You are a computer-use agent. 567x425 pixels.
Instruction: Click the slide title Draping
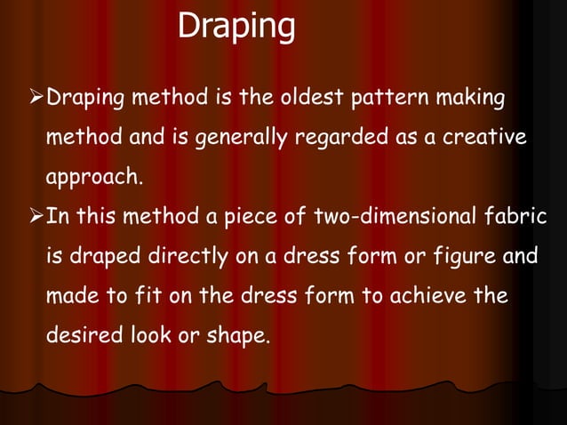[236, 27]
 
